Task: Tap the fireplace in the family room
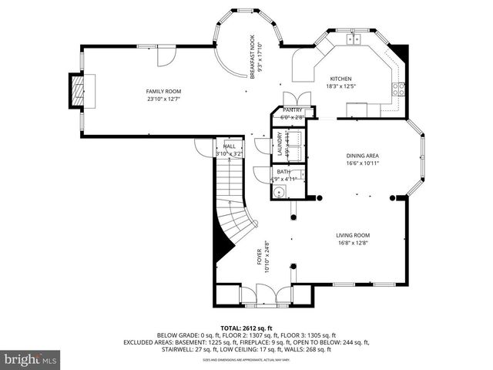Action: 75,91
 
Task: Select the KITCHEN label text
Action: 340,79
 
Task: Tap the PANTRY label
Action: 292,110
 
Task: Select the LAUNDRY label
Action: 280,144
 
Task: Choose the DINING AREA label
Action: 362,156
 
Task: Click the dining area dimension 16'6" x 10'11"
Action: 362,163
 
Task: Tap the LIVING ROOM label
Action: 352,235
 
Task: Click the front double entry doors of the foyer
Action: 266,294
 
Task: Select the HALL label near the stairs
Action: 230,146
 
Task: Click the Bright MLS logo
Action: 31,359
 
